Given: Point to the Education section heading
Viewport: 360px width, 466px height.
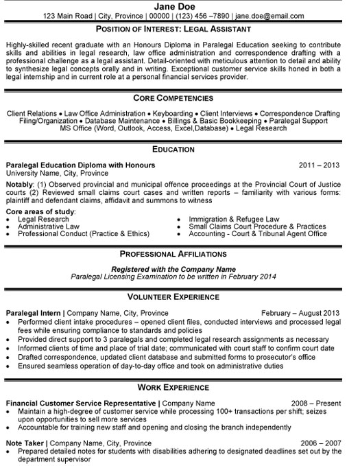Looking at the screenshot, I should tap(180, 149).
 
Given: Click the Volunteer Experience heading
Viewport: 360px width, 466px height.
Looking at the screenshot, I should tap(180, 297).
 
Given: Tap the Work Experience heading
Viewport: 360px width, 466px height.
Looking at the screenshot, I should tap(180, 386).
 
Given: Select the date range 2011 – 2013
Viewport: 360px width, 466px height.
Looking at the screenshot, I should tap(321, 165).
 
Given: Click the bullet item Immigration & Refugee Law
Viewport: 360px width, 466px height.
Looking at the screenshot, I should tap(228, 220).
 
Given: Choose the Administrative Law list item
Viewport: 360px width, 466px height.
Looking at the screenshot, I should tap(50, 226).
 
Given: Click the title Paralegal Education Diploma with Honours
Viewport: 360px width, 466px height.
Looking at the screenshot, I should tap(80, 165).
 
